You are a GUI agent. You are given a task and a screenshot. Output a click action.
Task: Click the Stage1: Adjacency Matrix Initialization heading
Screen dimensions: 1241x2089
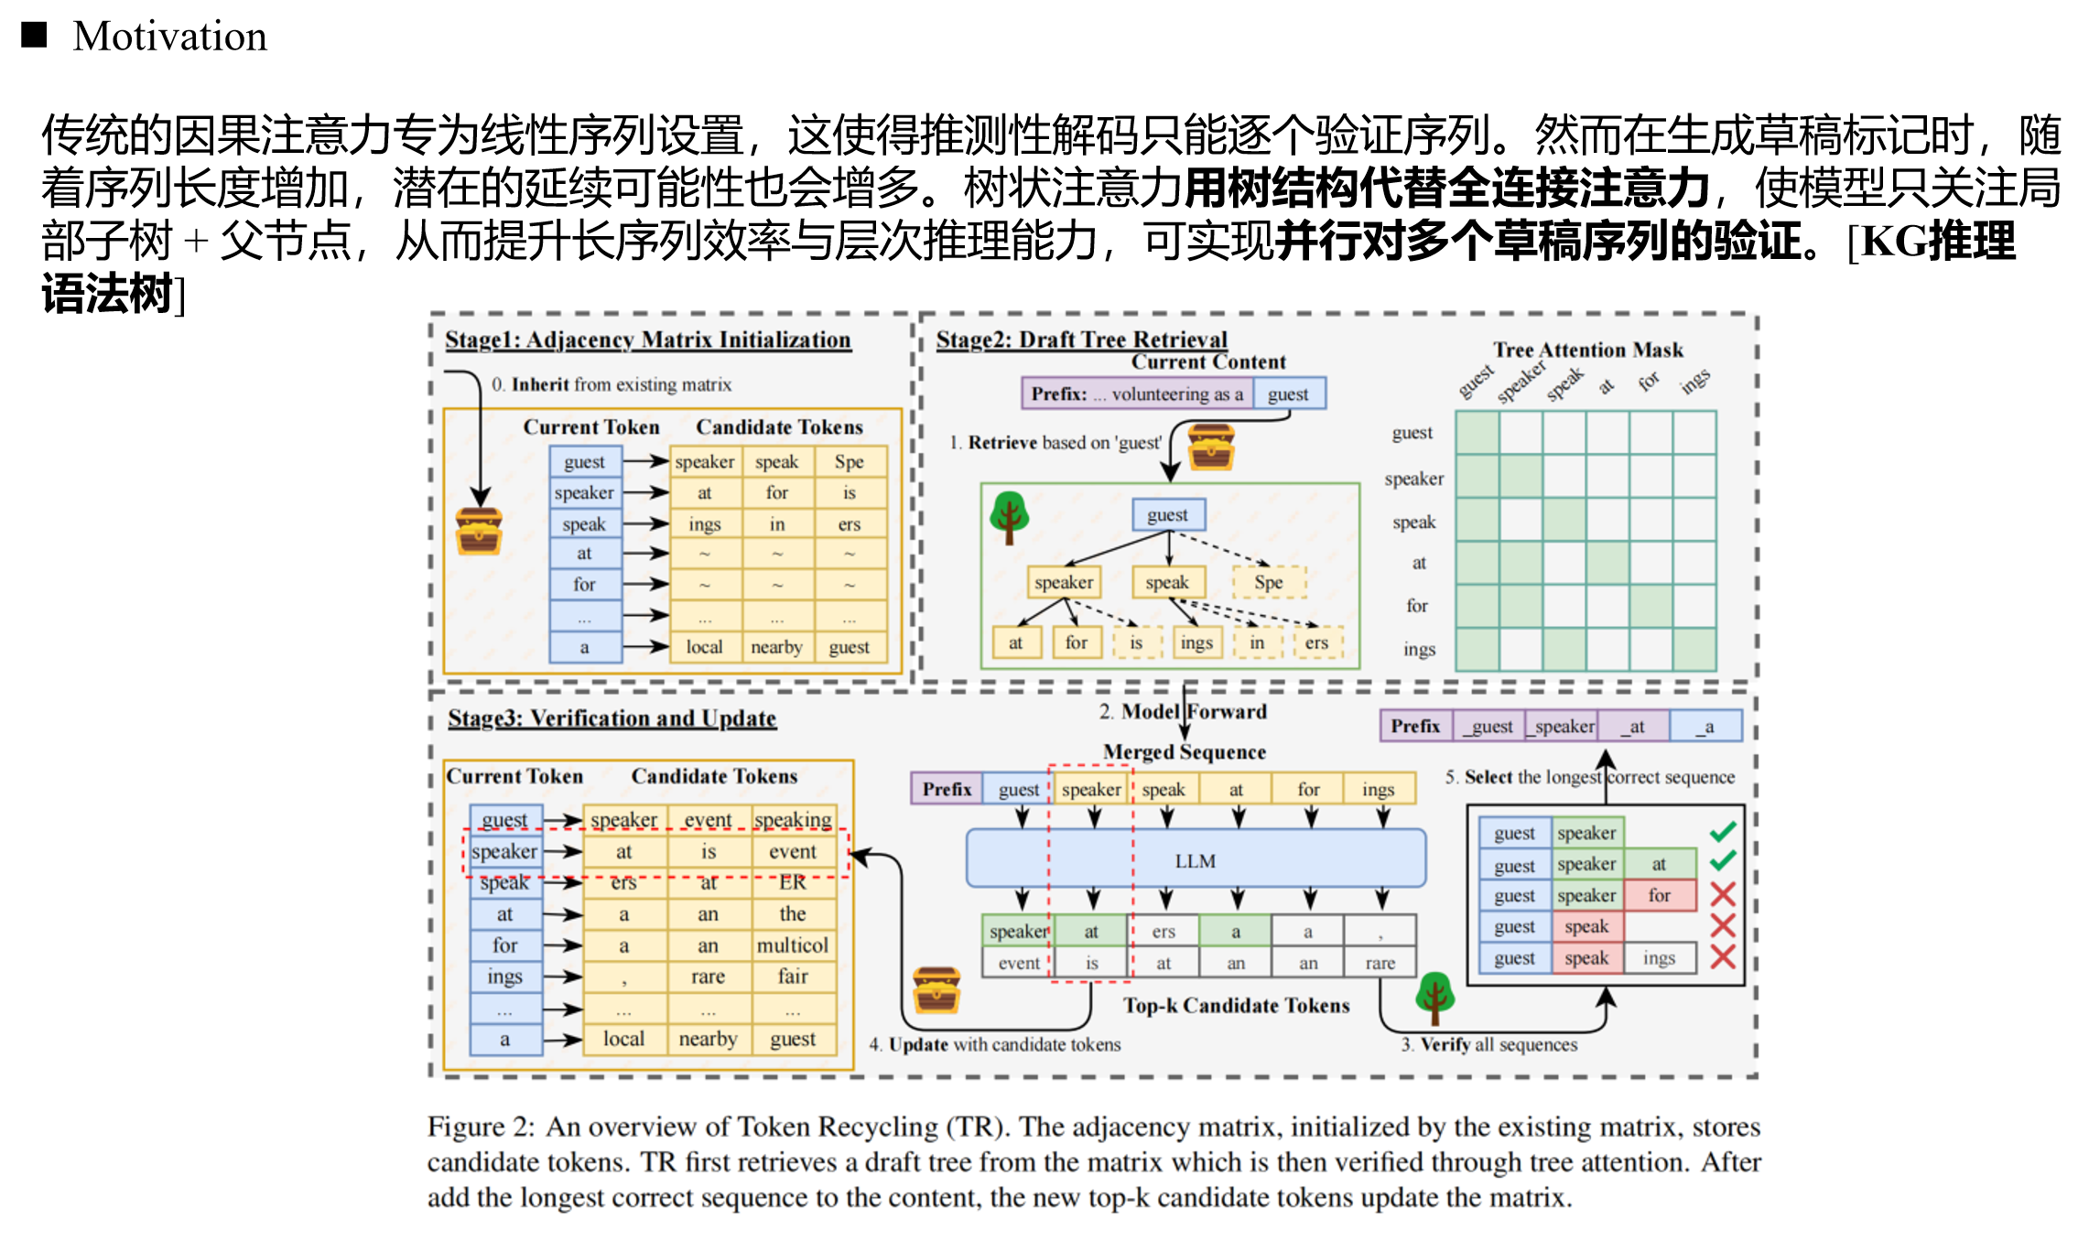[647, 340]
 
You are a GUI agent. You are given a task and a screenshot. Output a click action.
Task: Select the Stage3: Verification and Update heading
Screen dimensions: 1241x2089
[612, 718]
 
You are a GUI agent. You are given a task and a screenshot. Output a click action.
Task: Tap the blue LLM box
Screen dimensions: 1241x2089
[1196, 860]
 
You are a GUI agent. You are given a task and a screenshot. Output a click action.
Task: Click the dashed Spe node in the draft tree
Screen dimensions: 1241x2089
[1269, 582]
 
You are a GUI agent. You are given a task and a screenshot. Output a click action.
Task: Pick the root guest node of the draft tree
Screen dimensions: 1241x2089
[1168, 514]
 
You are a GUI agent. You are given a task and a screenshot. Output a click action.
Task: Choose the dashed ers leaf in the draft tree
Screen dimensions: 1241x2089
[1316, 642]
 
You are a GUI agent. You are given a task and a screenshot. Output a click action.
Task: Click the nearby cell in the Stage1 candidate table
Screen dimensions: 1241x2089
[776, 647]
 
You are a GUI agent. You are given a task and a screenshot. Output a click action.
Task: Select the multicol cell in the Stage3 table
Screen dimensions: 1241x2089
[793, 945]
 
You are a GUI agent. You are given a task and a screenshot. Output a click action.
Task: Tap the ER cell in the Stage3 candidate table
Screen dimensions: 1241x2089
[793, 882]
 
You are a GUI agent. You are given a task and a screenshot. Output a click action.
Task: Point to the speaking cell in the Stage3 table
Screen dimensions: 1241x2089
[793, 819]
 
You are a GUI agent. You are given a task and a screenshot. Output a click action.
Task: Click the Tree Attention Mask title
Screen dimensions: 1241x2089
[1587, 350]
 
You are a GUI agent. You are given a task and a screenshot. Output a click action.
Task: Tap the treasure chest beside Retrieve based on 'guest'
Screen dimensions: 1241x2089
[1211, 447]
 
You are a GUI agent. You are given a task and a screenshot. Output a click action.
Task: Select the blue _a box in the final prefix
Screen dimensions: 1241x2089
[1705, 726]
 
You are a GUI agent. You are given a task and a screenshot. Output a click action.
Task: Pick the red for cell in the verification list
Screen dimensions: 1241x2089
[1659, 895]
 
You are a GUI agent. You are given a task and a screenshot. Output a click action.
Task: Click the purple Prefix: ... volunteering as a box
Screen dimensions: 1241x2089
[1137, 394]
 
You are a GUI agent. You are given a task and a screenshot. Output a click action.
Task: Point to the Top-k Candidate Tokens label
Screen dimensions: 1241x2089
[1236, 1005]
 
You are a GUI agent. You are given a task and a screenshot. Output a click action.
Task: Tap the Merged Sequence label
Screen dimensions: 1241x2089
[1185, 751]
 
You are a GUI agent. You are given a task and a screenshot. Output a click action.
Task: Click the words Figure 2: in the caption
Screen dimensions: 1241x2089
[481, 1127]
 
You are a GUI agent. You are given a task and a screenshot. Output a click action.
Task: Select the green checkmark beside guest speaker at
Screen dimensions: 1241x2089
[1723, 861]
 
